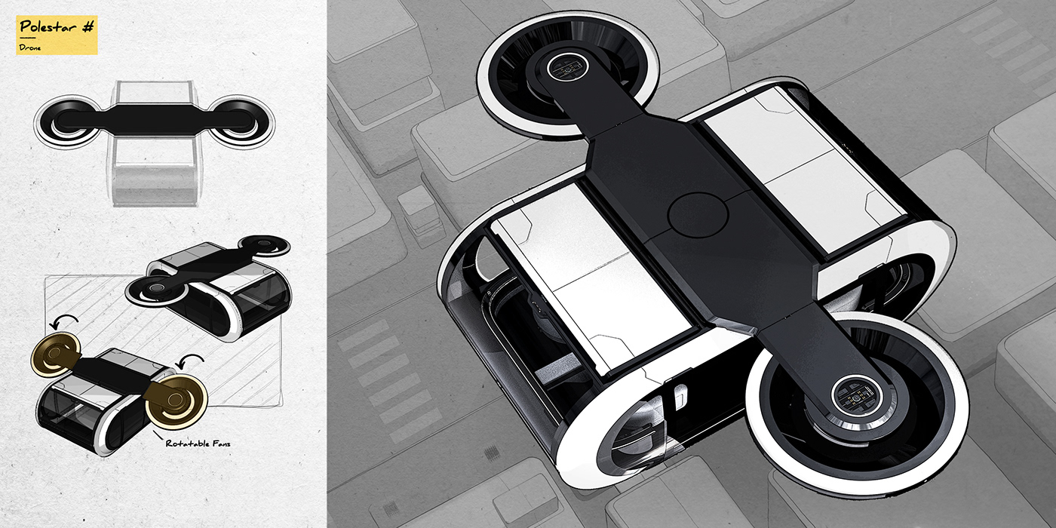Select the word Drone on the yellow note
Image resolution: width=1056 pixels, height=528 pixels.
pyautogui.click(x=30, y=47)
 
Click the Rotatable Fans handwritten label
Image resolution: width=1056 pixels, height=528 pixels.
pyautogui.click(x=198, y=444)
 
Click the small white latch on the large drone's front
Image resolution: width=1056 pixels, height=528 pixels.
pyautogui.click(x=681, y=392)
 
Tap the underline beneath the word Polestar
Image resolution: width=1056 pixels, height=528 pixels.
pyautogui.click(x=28, y=38)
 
